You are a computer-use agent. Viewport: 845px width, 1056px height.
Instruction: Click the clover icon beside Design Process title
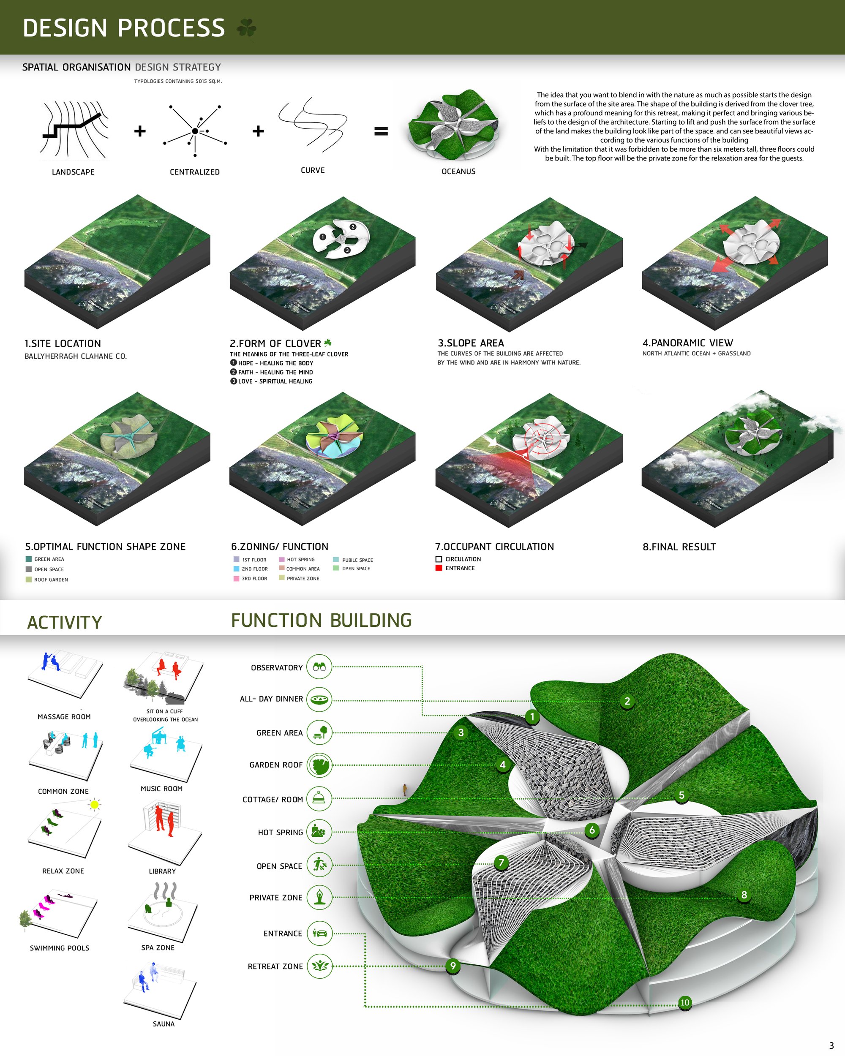[x=246, y=28]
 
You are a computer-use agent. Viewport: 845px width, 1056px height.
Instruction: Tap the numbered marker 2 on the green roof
[x=627, y=701]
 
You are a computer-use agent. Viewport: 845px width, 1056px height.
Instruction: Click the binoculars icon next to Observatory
[x=319, y=667]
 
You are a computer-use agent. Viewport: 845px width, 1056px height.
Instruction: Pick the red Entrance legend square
[x=439, y=568]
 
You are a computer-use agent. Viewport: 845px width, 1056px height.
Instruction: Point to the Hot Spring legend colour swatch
[x=282, y=559]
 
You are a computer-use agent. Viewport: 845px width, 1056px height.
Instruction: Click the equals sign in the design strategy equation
[x=381, y=131]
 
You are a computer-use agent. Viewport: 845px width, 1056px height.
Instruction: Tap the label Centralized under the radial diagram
[x=194, y=172]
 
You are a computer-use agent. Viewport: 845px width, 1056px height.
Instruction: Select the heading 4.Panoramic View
[x=688, y=343]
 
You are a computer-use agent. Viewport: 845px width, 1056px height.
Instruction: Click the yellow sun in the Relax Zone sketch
[x=95, y=804]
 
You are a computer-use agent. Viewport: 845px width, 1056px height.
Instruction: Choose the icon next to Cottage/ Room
[x=319, y=799]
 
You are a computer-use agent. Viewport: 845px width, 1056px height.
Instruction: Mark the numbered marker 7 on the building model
[x=501, y=862]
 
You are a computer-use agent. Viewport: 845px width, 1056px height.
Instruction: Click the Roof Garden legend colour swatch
[x=28, y=580]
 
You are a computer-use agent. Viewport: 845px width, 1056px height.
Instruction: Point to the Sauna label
[x=164, y=1023]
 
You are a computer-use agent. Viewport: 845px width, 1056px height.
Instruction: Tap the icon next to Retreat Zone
[x=319, y=966]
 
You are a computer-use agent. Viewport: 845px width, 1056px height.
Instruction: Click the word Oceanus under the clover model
[x=458, y=171]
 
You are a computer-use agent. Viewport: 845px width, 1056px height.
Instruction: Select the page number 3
[x=831, y=1045]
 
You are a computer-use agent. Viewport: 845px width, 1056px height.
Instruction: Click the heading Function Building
[x=322, y=621]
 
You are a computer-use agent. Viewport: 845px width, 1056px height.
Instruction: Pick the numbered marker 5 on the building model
[x=681, y=795]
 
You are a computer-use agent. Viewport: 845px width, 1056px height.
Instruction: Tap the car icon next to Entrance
[x=319, y=933]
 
